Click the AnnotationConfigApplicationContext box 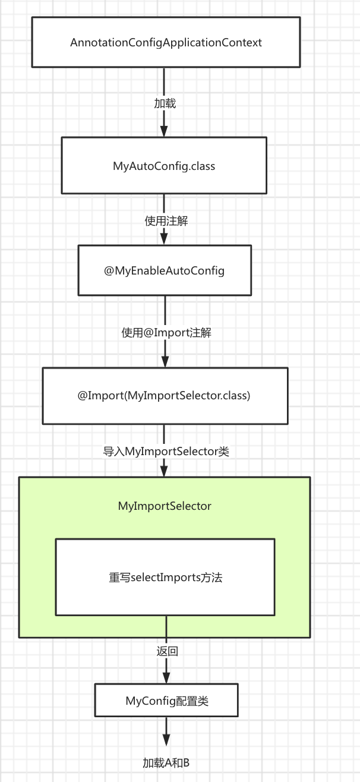(x=166, y=42)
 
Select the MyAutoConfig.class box (x=164, y=166)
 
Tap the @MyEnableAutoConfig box (x=165, y=270)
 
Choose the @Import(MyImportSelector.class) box (x=165, y=396)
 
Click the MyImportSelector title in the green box (x=165, y=506)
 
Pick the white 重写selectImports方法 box (x=165, y=577)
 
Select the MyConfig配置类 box (x=166, y=701)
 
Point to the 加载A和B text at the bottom (x=166, y=762)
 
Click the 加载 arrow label (x=165, y=103)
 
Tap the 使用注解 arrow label (x=166, y=220)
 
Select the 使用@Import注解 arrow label (x=166, y=333)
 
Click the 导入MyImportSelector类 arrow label (x=166, y=452)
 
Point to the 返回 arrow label (x=167, y=651)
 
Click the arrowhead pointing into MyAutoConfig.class (x=165, y=131)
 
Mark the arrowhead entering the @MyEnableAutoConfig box (x=165, y=239)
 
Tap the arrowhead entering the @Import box (x=165, y=361)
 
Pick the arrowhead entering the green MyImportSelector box (x=165, y=471)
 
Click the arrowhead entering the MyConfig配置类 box (x=166, y=677)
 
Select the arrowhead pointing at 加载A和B (x=166, y=740)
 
